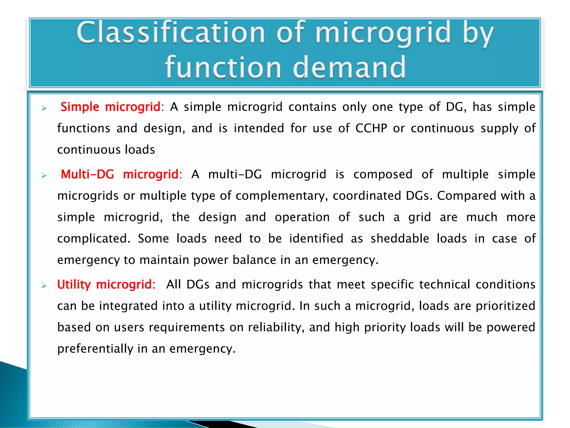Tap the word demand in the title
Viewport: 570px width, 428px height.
pyautogui.click(x=349, y=68)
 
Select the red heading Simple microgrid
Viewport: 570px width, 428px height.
pyautogui.click(x=110, y=107)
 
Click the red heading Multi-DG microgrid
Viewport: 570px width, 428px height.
pyautogui.click(x=120, y=174)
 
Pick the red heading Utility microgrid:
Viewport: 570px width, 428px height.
pyautogui.click(x=106, y=284)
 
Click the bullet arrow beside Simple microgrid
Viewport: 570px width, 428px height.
pyautogui.click(x=44, y=108)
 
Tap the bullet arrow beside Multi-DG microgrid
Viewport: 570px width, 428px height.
pyautogui.click(x=44, y=176)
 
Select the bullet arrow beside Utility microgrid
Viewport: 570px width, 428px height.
pyautogui.click(x=44, y=286)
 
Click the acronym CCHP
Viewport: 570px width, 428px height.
pyautogui.click(x=371, y=128)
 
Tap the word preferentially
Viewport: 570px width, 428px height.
pyautogui.click(x=95, y=349)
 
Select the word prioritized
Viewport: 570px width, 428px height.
pyautogui.click(x=505, y=306)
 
